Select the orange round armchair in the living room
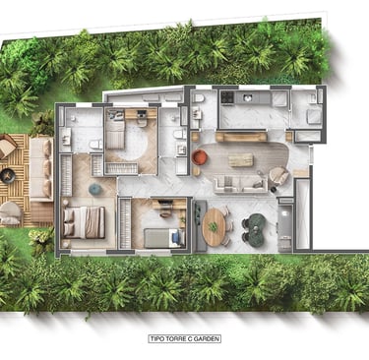pyautogui.click(x=200, y=157)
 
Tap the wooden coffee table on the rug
pyautogui.click(x=241, y=160)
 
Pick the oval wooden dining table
pyautogui.click(x=214, y=226)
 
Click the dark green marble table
pyautogui.click(x=255, y=229)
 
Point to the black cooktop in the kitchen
pyautogui.click(x=226, y=97)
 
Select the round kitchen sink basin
pyautogui.click(x=248, y=97)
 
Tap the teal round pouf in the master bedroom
pyautogui.click(x=95, y=189)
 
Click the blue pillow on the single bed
pyautogui.click(x=176, y=237)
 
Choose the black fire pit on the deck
pyautogui.click(x=8, y=176)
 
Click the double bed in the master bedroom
pyautogui.click(x=84, y=222)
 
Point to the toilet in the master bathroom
pyautogui.click(x=96, y=144)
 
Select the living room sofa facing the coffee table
pyautogui.click(x=241, y=184)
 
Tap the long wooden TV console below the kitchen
pyautogui.click(x=241, y=137)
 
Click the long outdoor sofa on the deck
pyautogui.click(x=41, y=169)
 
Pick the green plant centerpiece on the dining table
pyautogui.click(x=214, y=226)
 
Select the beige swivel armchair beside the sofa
pyautogui.click(x=278, y=175)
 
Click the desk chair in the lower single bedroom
pyautogui.click(x=165, y=212)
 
